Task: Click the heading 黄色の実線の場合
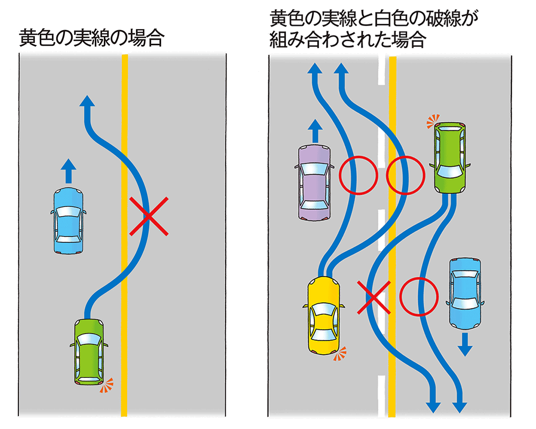click(x=90, y=39)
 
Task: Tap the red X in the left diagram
click(x=149, y=216)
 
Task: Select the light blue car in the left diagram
click(x=69, y=221)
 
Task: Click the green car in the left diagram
click(x=89, y=351)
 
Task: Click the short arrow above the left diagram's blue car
click(x=68, y=171)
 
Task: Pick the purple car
click(x=314, y=183)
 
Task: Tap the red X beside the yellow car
click(x=374, y=297)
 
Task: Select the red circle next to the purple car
click(x=357, y=175)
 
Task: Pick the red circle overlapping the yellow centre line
click(x=405, y=175)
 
